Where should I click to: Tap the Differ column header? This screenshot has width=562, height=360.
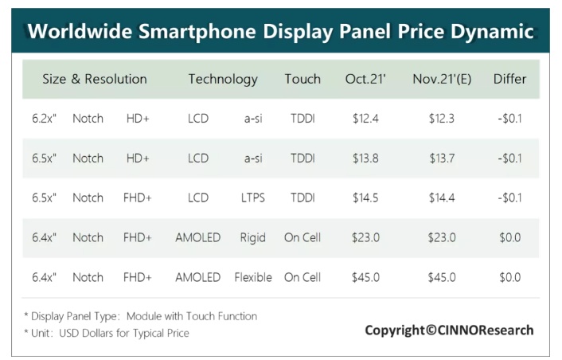point(509,79)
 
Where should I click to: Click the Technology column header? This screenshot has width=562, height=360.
point(223,79)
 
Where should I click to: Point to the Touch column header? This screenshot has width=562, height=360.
point(302,79)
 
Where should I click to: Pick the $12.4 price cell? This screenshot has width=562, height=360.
point(365,119)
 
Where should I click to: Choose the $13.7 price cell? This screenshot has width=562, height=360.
point(442,158)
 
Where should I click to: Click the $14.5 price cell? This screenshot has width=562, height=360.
point(365,198)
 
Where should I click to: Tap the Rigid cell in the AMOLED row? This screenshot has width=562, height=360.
point(253,237)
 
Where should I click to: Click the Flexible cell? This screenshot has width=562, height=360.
point(253,277)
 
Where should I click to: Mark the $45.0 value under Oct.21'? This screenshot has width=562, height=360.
point(365,277)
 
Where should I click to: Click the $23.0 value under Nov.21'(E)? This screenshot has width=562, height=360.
point(442,237)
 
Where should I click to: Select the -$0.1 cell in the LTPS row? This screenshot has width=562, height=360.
point(509,198)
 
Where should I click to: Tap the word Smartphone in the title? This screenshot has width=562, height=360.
point(219,32)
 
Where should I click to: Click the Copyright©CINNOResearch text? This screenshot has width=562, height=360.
point(449,330)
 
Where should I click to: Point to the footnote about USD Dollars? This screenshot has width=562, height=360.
point(106,333)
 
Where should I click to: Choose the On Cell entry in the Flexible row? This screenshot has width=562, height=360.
point(302,277)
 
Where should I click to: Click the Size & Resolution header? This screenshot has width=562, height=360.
point(95,79)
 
